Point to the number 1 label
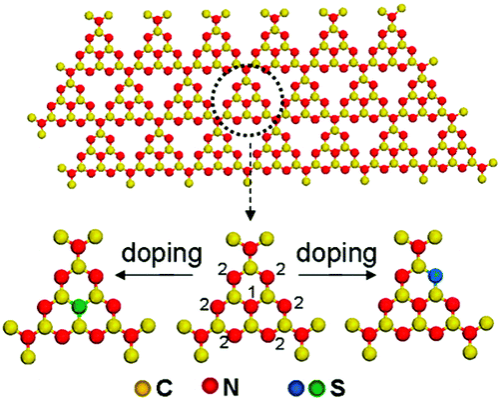[x=253, y=289]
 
